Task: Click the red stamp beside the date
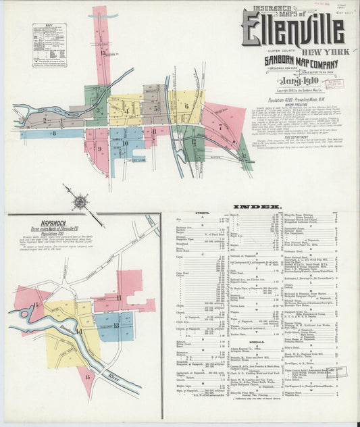(x=334, y=84)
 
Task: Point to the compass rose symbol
(x=80, y=201)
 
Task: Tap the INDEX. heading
(x=257, y=205)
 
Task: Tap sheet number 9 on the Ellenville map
(x=98, y=150)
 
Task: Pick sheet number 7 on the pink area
(x=220, y=126)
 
